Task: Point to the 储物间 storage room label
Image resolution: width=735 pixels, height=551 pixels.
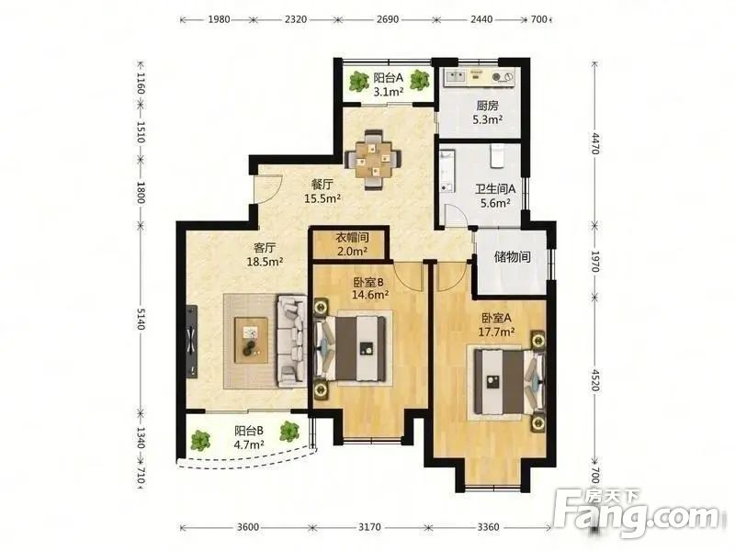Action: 512,257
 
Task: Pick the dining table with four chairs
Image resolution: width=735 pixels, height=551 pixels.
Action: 373,160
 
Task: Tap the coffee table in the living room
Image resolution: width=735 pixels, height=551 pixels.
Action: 251,340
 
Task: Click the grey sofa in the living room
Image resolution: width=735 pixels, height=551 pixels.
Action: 291,341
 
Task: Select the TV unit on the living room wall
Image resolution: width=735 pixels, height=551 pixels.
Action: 191,342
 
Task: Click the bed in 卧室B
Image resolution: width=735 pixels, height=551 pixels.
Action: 351,349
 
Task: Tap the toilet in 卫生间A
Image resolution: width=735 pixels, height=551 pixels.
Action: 496,156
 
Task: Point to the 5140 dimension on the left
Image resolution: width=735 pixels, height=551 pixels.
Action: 141,318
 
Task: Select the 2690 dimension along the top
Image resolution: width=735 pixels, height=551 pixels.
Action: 388,19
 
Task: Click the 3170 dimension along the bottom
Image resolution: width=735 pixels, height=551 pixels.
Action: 369,527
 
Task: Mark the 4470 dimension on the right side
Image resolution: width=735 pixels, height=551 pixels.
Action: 594,143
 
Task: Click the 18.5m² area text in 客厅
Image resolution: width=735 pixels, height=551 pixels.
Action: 265,262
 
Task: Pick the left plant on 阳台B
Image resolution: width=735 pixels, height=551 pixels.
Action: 200,441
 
